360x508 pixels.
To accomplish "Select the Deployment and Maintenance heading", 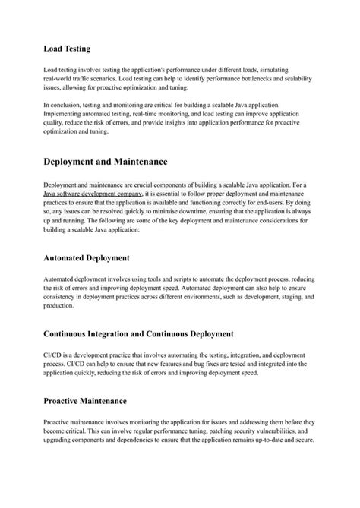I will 106,162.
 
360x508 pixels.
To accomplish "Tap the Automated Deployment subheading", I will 87,257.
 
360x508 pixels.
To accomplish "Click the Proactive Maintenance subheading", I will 85,400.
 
